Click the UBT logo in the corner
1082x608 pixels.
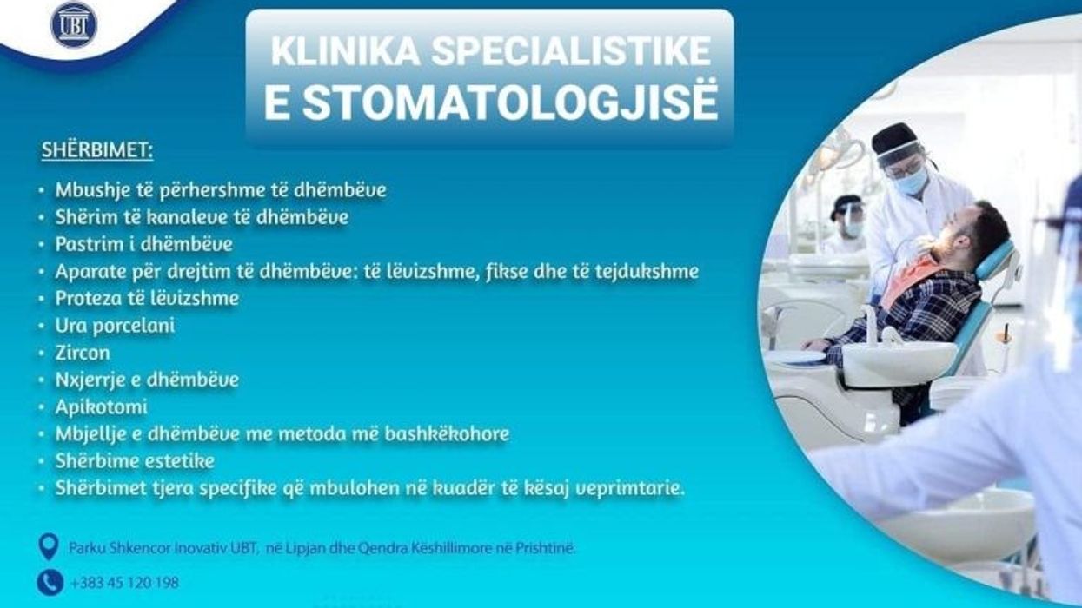click(74, 24)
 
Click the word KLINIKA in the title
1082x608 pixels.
click(345, 51)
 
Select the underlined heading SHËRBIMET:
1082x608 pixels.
click(97, 150)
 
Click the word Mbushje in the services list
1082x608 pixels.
click(93, 190)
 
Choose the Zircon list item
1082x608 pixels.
click(83, 353)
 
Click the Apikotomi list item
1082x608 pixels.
click(102, 407)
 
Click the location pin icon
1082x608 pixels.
click(49, 546)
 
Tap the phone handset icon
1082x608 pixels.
click(50, 583)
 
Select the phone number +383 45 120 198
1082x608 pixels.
click(124, 583)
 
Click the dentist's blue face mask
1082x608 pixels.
click(911, 181)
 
